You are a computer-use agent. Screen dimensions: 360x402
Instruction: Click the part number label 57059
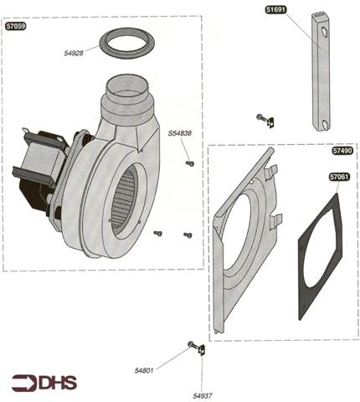click(16, 26)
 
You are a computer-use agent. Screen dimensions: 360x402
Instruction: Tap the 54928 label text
click(74, 53)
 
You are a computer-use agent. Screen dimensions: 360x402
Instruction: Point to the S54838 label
click(180, 133)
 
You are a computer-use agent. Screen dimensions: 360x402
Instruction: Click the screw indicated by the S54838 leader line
click(190, 163)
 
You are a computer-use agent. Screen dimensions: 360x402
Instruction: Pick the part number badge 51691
click(276, 10)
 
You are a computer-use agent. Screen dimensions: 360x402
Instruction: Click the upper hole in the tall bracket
click(324, 32)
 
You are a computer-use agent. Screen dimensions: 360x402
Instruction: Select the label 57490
click(342, 151)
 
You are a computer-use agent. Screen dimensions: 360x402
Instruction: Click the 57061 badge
click(340, 177)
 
